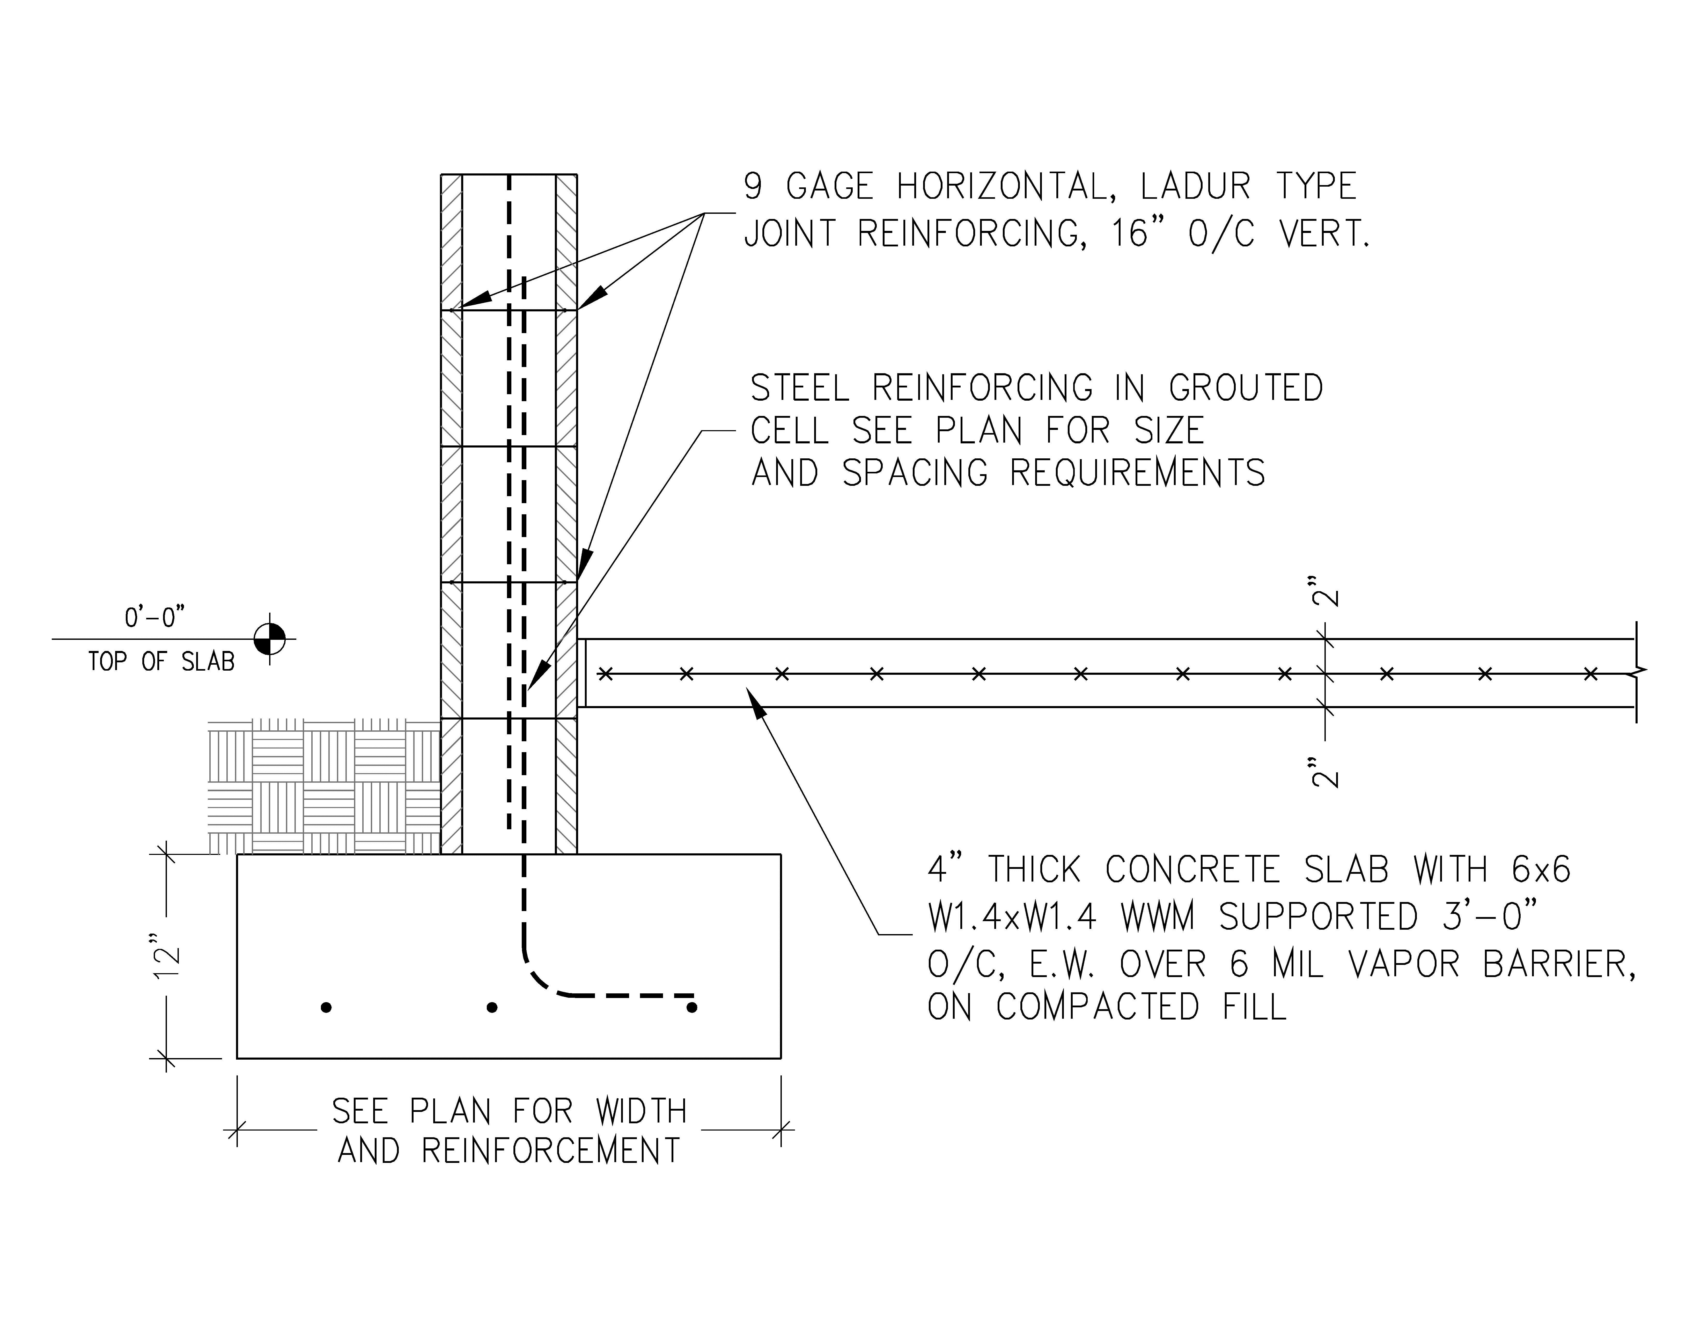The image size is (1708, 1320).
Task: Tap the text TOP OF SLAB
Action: pos(161,662)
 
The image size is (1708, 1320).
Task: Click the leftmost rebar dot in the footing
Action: pos(326,1008)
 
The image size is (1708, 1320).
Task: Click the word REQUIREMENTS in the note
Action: pos(1138,473)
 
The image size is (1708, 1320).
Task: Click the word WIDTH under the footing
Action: pos(641,1111)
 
